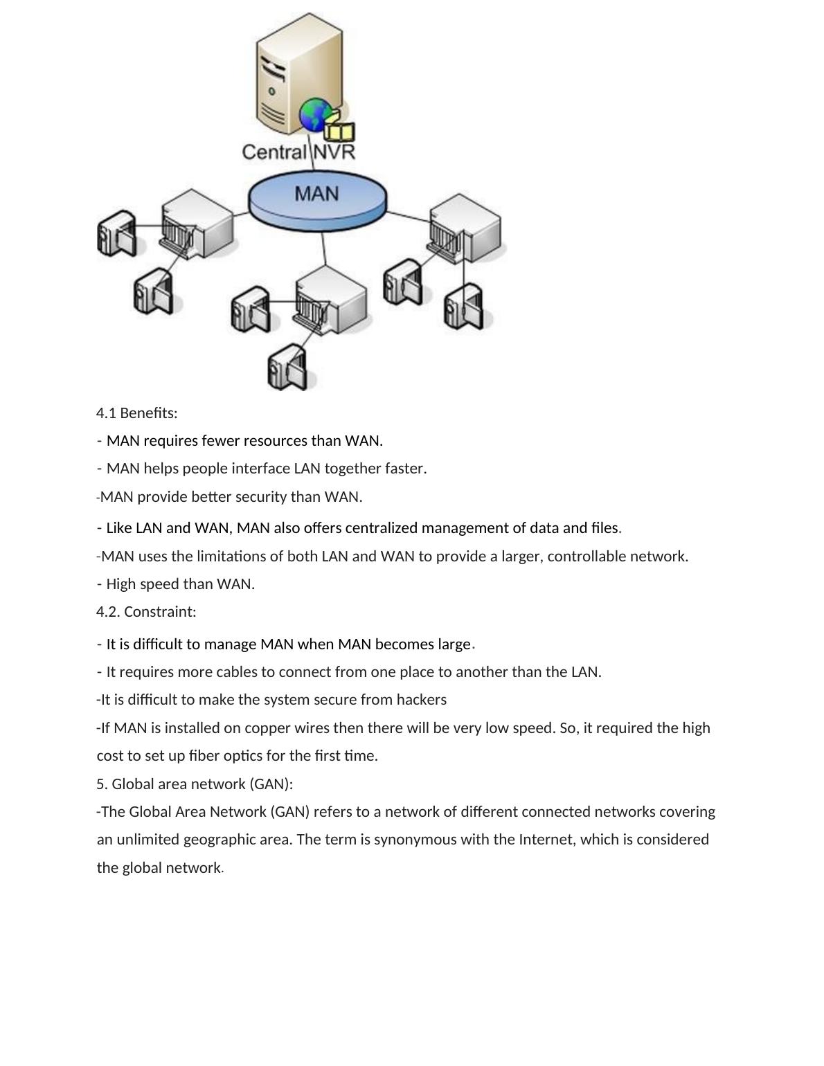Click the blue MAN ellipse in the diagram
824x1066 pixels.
(317, 197)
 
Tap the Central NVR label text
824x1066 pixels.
(298, 152)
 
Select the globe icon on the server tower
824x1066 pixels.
(315, 114)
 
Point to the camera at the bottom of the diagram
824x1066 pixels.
(287, 368)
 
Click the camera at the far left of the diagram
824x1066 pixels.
(115, 233)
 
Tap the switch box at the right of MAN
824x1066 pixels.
(465, 228)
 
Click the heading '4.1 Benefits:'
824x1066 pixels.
(137, 413)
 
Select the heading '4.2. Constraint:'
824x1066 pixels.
(146, 612)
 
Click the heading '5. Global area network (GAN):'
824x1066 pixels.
(195, 784)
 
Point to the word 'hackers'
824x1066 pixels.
(421, 700)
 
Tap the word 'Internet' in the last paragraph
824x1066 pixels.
(546, 840)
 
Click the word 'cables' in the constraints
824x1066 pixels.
(231, 672)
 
